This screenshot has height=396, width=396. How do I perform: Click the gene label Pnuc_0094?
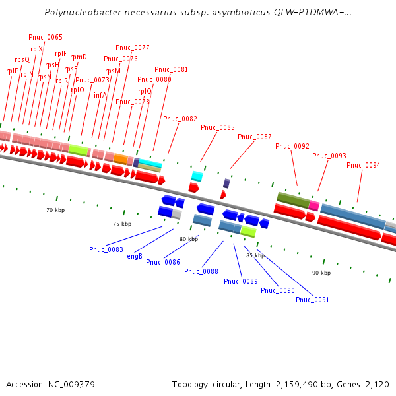[363, 165]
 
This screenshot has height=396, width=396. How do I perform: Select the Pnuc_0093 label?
[329, 156]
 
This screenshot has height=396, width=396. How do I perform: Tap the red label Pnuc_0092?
[292, 146]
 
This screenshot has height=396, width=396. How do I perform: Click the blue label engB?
[135, 256]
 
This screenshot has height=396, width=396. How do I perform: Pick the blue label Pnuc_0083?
[106, 249]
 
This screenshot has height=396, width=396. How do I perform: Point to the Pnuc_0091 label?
[312, 300]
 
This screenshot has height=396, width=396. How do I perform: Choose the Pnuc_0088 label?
[201, 271]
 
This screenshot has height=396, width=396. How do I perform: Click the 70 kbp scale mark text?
[55, 210]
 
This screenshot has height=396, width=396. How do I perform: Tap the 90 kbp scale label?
[321, 273]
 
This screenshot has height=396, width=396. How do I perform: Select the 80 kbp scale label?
[189, 239]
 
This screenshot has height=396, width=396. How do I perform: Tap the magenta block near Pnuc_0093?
[314, 205]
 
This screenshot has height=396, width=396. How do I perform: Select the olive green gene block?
[292, 199]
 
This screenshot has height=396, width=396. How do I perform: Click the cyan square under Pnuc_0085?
[197, 176]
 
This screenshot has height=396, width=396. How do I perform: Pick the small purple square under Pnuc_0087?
[226, 183]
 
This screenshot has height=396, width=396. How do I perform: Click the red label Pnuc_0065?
[46, 37]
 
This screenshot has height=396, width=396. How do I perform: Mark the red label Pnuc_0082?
[180, 119]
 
